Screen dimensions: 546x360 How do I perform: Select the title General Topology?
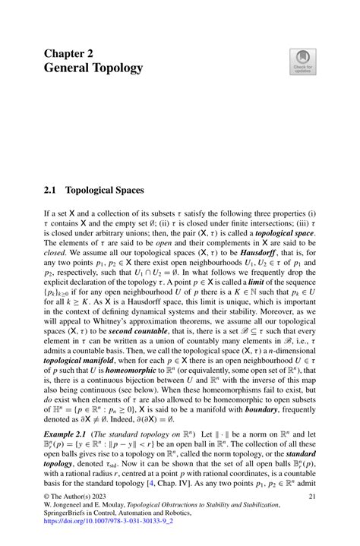(93, 68)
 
